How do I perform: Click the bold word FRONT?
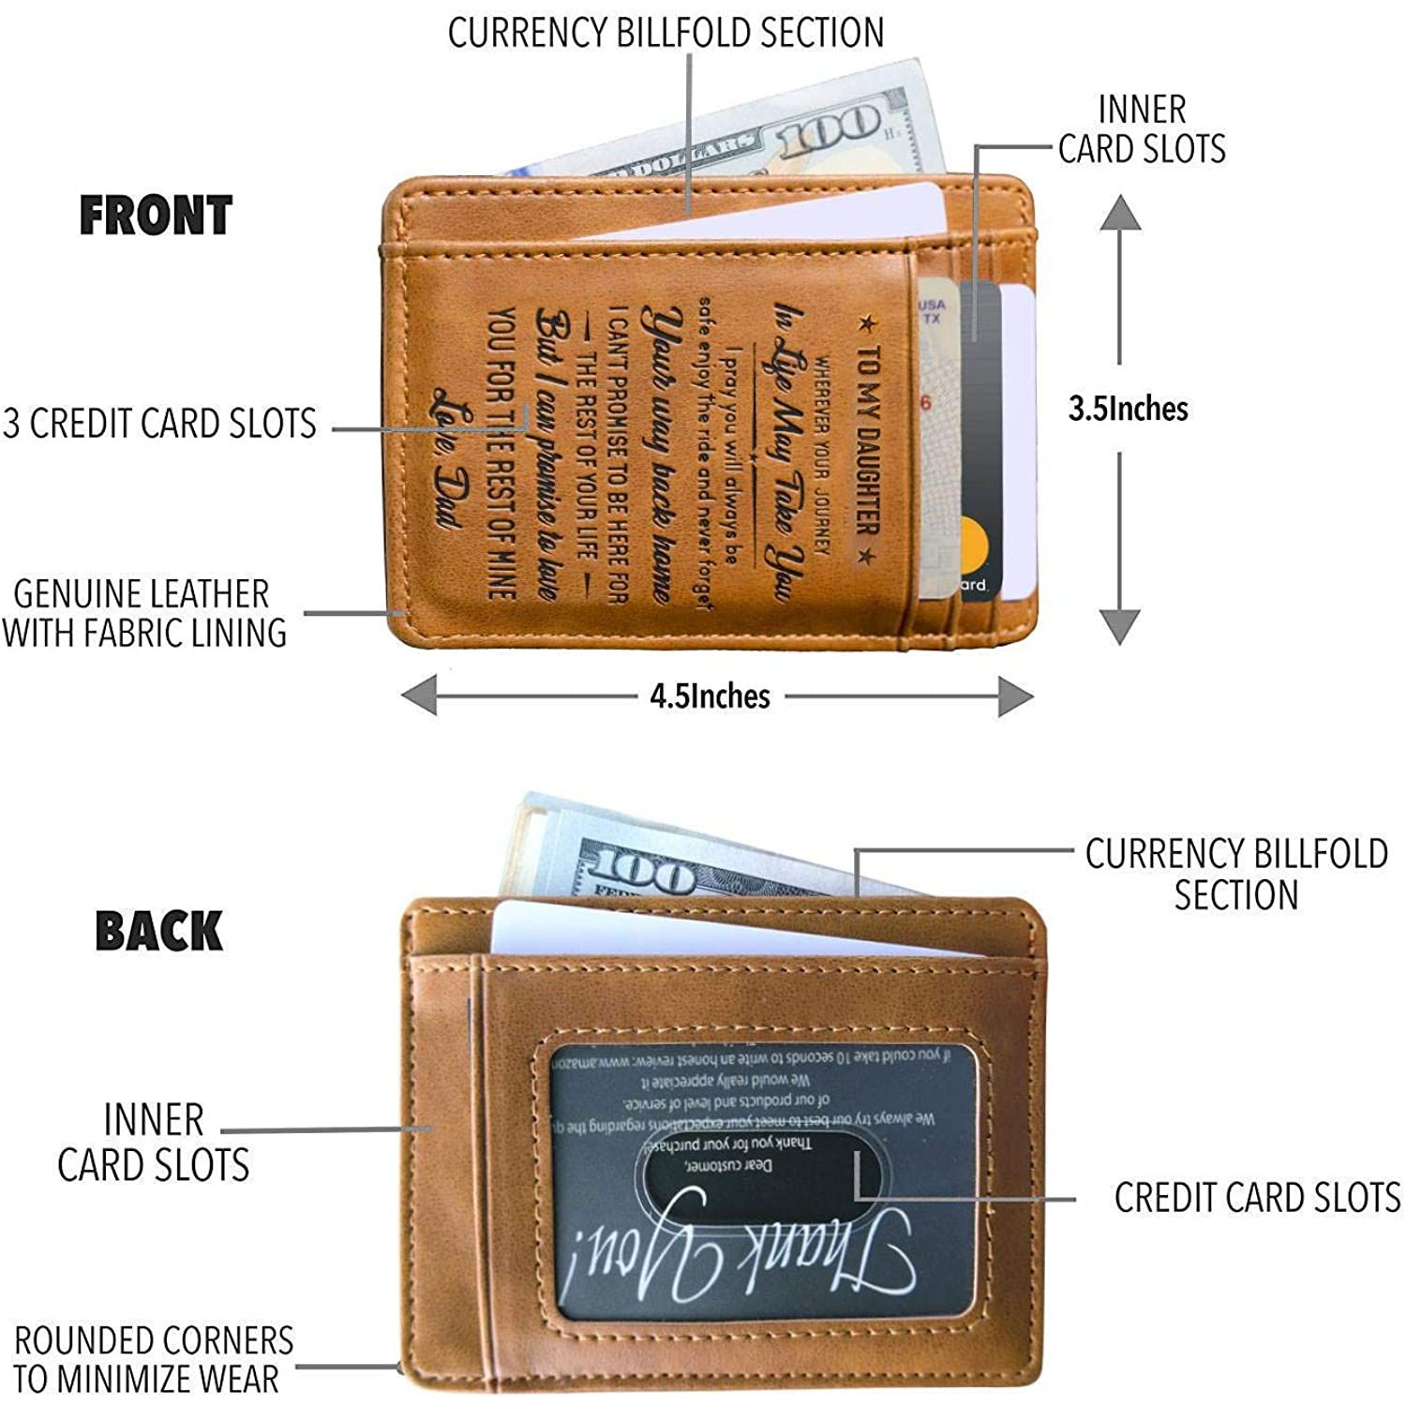156,216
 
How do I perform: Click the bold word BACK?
158,931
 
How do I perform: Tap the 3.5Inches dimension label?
1129,409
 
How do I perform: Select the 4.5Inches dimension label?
710,696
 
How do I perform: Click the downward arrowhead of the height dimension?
1120,626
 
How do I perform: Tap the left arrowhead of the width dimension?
420,696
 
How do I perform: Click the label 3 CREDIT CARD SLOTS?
159,424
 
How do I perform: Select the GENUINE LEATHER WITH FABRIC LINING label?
143,613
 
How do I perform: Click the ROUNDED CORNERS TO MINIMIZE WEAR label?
153,1359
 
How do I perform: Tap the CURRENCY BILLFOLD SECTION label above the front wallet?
666,33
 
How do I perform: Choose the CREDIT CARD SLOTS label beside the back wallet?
1257,1198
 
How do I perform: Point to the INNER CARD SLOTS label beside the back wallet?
153,1142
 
